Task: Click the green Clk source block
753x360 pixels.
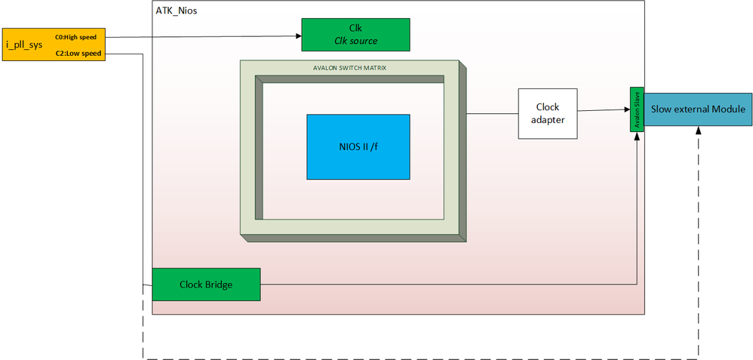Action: point(355,34)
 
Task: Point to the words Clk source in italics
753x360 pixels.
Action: point(355,41)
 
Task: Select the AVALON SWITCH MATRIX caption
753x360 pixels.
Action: point(349,68)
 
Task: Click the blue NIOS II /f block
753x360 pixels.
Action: point(358,146)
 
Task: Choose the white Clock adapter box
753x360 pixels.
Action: point(548,113)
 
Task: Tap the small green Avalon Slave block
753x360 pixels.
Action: point(637,109)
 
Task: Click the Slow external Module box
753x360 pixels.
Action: point(698,109)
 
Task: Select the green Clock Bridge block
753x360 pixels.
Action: point(206,285)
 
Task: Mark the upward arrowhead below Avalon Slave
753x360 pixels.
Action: point(638,136)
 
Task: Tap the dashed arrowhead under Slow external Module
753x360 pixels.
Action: point(699,130)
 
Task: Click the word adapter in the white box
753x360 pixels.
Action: point(548,120)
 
